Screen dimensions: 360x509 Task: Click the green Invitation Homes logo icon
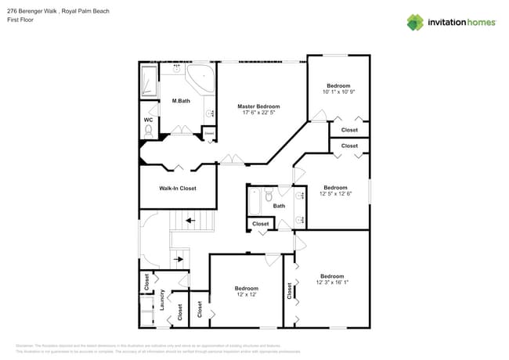point(415,22)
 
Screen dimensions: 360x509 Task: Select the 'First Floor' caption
point(20,20)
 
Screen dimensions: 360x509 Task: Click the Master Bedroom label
point(258,106)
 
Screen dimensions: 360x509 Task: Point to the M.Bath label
point(181,101)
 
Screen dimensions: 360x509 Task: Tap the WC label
point(147,120)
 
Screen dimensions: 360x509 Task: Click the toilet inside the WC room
point(148,132)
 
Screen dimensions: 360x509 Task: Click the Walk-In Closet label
point(178,189)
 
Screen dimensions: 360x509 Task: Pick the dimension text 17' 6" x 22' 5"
point(258,113)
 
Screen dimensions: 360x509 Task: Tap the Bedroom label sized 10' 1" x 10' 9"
point(338,85)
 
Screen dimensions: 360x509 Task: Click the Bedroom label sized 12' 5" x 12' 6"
point(335,187)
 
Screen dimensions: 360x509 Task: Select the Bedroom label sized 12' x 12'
point(247,289)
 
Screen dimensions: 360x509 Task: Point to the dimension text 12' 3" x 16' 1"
point(332,283)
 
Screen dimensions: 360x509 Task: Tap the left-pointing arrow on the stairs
point(190,222)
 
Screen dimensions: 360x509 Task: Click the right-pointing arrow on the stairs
point(179,257)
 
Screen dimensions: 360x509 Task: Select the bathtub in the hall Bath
point(254,202)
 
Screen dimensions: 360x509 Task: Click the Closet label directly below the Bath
point(261,224)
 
